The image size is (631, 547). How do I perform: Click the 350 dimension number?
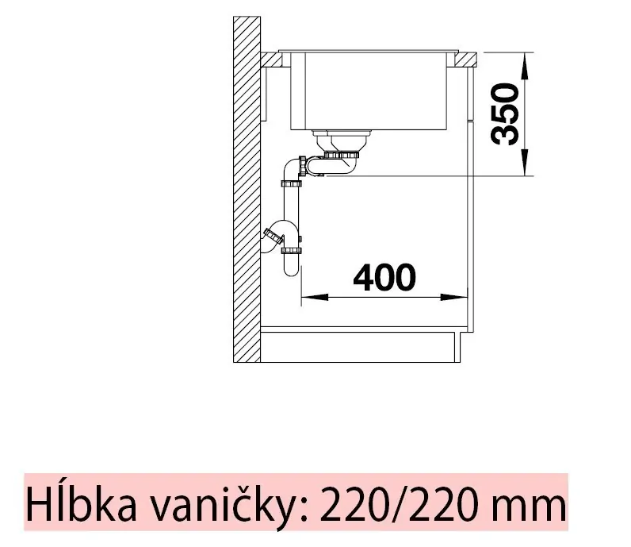[x=505, y=113]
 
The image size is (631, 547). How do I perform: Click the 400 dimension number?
[x=384, y=278]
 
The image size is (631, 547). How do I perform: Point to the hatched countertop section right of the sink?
[x=465, y=59]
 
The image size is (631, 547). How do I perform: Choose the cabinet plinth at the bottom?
[x=361, y=346]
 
